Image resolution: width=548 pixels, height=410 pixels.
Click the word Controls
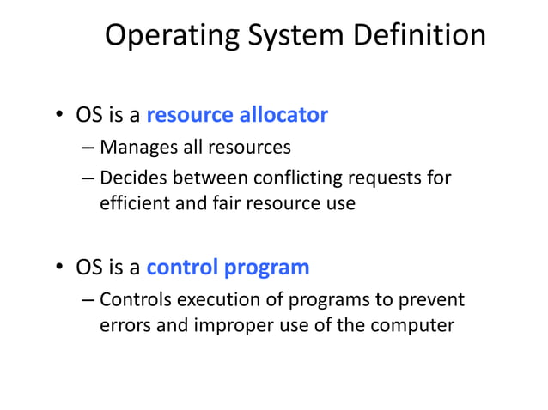click(x=137, y=299)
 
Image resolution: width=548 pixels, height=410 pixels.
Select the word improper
click(x=222, y=327)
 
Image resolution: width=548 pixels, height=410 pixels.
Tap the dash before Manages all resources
click(x=89, y=148)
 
